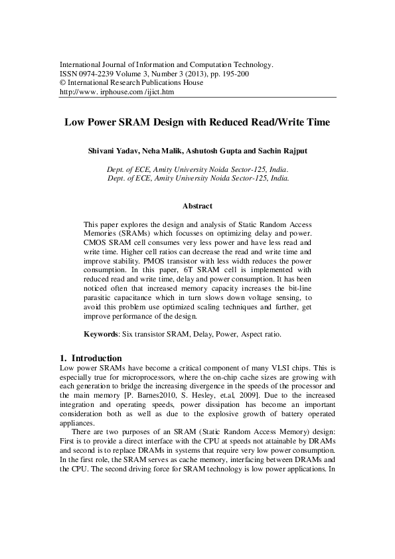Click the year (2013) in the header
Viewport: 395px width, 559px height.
192,74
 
